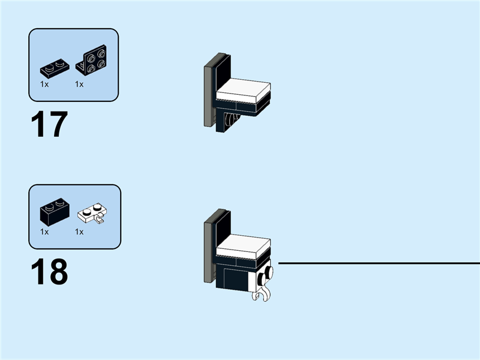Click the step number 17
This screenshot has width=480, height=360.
coord(49,124)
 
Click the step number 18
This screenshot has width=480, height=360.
coord(49,272)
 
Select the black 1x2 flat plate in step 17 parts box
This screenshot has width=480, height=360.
coord(55,70)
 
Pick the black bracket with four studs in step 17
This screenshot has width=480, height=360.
coord(91,59)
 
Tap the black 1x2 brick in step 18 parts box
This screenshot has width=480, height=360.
coord(55,212)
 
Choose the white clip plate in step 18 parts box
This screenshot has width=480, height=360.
coord(92,213)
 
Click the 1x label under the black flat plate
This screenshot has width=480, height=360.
coord(44,84)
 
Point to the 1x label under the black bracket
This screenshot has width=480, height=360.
coord(79,84)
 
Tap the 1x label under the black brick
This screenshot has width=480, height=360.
coord(44,232)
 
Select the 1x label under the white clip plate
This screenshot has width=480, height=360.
coord(79,232)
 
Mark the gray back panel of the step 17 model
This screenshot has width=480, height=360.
coord(209,92)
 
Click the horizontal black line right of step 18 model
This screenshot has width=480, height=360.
coord(379,263)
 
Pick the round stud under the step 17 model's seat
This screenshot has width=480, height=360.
coord(229,119)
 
